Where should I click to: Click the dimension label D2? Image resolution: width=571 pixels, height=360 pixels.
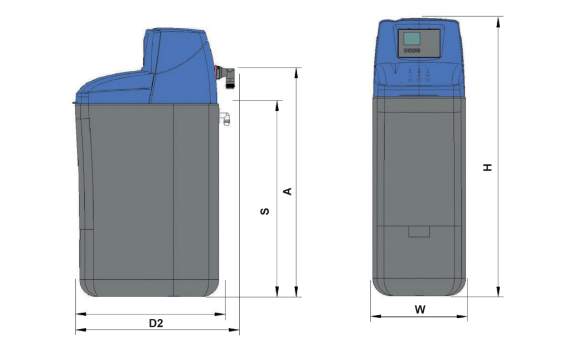156,323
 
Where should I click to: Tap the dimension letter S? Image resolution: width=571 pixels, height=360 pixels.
265,211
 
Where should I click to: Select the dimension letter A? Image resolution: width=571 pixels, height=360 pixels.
288,191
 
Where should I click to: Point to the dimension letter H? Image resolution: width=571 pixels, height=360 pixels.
487,167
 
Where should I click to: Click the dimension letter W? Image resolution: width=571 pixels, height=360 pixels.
420,309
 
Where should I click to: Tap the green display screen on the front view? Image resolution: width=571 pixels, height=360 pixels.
412,38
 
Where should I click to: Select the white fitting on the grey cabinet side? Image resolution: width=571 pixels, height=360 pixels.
225,118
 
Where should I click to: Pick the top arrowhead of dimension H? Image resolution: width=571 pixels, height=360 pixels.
498,22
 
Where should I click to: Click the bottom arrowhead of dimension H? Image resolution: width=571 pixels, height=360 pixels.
498,291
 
